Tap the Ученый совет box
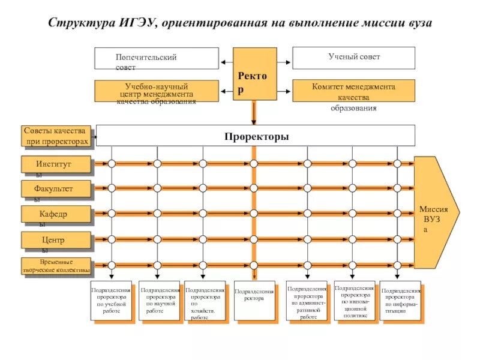(x=353, y=58)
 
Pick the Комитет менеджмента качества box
(x=353, y=91)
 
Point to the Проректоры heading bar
(x=256, y=136)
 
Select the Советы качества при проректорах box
(x=56, y=136)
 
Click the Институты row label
(x=56, y=164)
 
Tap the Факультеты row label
(x=56, y=189)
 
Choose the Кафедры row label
(x=56, y=214)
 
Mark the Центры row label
(x=56, y=240)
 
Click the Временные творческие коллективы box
(x=56, y=265)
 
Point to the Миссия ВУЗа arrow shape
(x=436, y=213)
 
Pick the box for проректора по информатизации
(x=400, y=301)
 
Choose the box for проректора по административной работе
(x=307, y=301)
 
